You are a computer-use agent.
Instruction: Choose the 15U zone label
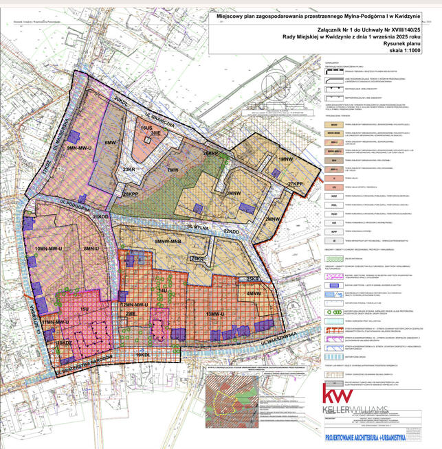pyautogui.click(x=85, y=310)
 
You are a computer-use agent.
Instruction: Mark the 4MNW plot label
pyautogui.click(x=253, y=294)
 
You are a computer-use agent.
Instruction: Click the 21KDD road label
pyautogui.click(x=101, y=216)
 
